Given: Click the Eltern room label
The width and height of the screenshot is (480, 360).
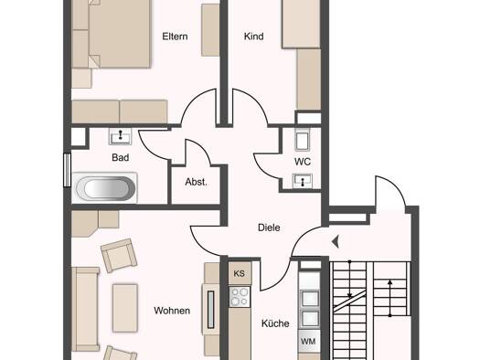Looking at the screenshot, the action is click(175, 37).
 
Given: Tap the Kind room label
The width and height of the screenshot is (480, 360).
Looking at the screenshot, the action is click(254, 37).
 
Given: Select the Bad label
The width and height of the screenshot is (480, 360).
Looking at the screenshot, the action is click(121, 157).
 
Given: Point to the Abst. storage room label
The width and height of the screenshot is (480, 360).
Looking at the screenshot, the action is click(196, 182).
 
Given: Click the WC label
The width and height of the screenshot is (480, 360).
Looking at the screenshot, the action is click(303, 162).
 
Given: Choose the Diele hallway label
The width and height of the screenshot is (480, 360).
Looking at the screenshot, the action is click(269, 228).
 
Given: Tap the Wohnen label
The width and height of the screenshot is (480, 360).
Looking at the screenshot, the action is click(172, 311).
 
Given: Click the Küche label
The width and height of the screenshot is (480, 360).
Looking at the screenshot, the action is click(275, 323).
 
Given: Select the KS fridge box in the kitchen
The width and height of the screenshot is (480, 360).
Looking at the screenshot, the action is click(240, 273).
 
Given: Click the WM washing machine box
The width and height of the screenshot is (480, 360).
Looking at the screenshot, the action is click(309, 342).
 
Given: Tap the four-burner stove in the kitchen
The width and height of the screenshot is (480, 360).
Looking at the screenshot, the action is click(240, 297).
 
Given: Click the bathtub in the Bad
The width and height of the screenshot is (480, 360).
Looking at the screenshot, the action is click(105, 188).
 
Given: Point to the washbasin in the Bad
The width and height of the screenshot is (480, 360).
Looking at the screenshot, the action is click(121, 136).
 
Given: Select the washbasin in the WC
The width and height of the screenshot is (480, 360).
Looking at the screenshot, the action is click(303, 181).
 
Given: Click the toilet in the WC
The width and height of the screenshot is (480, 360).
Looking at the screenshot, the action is click(302, 140).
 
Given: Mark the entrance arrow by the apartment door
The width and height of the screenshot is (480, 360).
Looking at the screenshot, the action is click(336, 241).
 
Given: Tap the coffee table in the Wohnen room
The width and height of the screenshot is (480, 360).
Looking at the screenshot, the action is click(125, 308).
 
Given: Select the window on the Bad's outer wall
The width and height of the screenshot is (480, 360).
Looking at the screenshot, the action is click(67, 170).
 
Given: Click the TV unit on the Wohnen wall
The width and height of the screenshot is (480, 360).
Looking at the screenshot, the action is click(210, 310).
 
